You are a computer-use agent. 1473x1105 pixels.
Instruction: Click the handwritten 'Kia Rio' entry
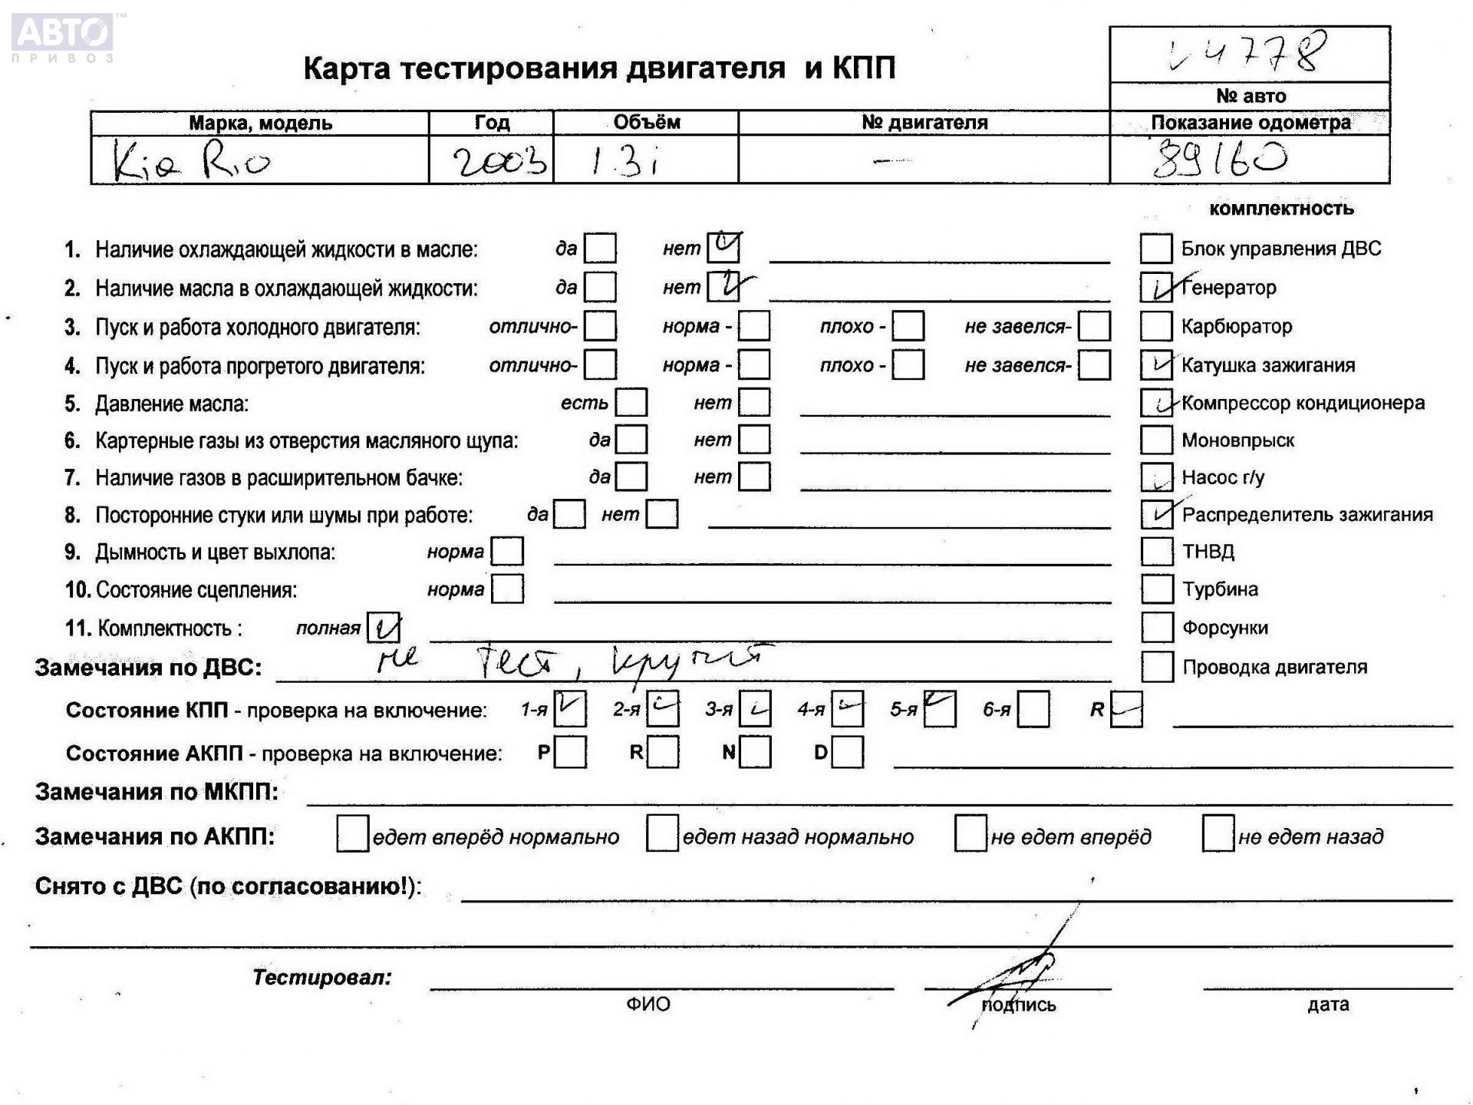pyautogui.click(x=192, y=161)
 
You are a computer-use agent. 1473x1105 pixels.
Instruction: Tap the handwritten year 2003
pyautogui.click(x=499, y=161)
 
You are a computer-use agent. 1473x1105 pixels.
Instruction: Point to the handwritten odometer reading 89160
pyautogui.click(x=1220, y=160)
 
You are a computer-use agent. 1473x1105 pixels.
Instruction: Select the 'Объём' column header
pyautogui.click(x=646, y=122)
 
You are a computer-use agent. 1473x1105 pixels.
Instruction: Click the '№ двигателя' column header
pyautogui.click(x=924, y=122)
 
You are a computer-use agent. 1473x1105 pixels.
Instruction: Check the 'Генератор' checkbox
pyautogui.click(x=1156, y=288)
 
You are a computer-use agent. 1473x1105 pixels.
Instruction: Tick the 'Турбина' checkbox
pyautogui.click(x=1156, y=589)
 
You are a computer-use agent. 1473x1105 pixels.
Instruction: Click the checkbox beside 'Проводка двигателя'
pyautogui.click(x=1156, y=667)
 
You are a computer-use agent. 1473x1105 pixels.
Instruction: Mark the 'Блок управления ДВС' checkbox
pyautogui.click(x=1156, y=249)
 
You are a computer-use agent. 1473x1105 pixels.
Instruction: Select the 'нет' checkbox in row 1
pyautogui.click(x=723, y=247)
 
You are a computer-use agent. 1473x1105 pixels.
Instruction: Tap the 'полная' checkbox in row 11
pyautogui.click(x=383, y=628)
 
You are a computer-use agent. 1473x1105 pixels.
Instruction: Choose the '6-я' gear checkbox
pyautogui.click(x=1033, y=710)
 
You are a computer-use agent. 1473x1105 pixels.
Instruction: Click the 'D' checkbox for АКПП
pyautogui.click(x=847, y=753)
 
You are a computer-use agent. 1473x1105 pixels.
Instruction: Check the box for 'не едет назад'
pyautogui.click(x=1218, y=834)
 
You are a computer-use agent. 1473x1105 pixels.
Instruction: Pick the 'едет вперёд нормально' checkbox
pyautogui.click(x=352, y=834)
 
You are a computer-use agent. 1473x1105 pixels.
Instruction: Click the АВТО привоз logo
pyautogui.click(x=63, y=36)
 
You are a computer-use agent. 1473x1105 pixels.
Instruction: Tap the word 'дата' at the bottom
pyautogui.click(x=1328, y=1004)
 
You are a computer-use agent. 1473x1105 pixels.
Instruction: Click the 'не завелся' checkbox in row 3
pyautogui.click(x=1093, y=326)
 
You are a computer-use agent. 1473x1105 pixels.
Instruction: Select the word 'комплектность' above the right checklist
pyautogui.click(x=1281, y=209)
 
